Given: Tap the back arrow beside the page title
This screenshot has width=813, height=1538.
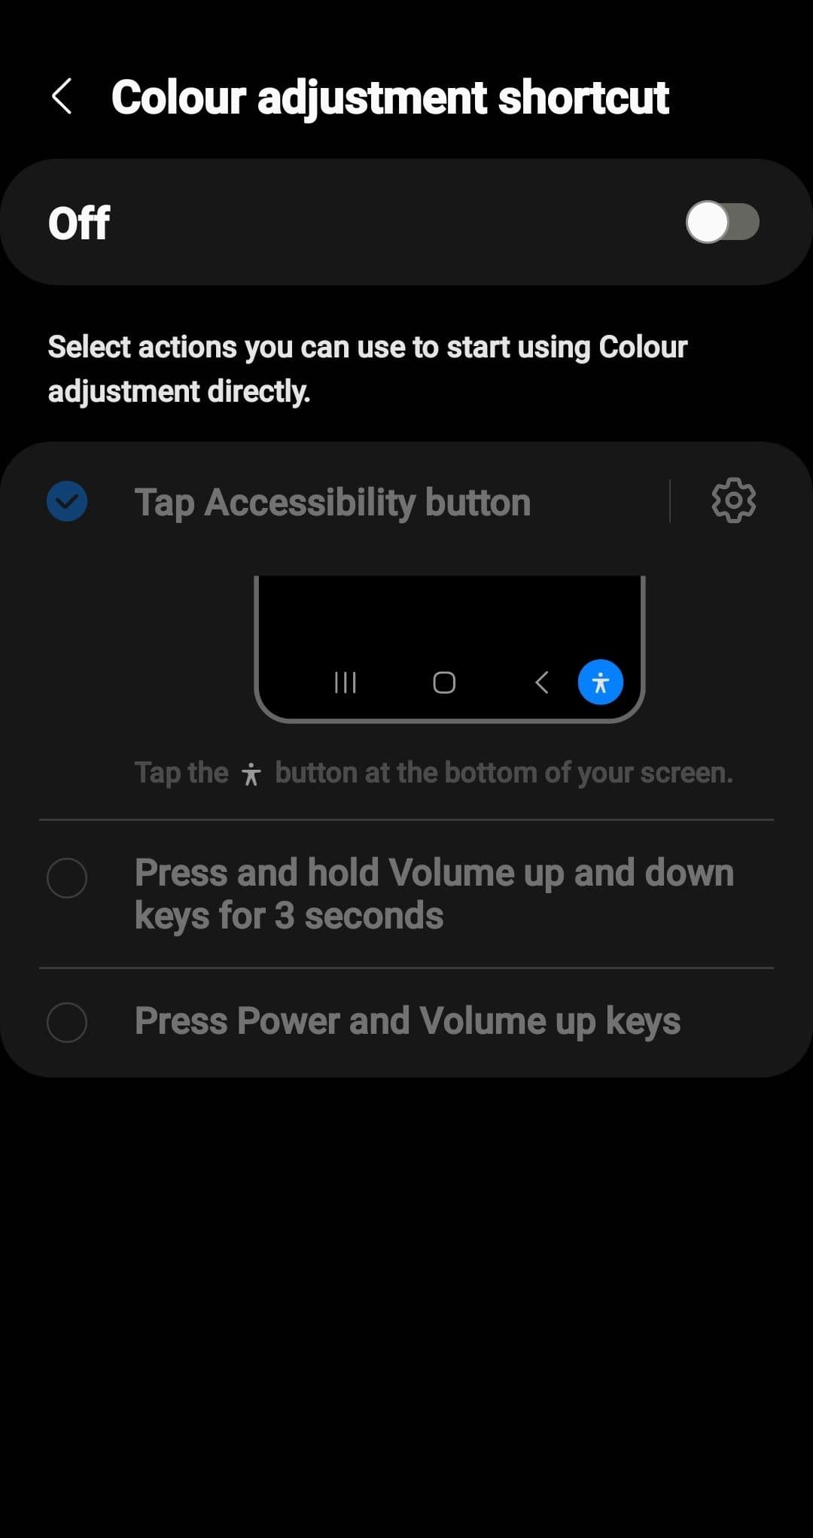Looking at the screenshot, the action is (62, 96).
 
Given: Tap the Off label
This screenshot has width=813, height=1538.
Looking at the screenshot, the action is (79, 223).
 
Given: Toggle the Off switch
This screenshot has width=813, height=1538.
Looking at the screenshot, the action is (722, 222).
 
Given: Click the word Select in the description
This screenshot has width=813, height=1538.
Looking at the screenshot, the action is (90, 347).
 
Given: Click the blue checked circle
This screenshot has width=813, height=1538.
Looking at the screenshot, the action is (67, 501).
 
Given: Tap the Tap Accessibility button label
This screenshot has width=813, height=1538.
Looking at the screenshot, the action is (333, 502).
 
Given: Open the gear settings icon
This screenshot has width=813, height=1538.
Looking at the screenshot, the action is (734, 500).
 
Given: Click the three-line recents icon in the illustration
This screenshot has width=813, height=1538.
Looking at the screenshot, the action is (345, 682).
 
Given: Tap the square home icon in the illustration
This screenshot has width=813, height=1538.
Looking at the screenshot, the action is (444, 682).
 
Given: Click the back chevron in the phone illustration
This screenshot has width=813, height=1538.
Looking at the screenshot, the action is (541, 682).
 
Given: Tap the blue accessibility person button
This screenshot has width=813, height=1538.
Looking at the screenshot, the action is (600, 682).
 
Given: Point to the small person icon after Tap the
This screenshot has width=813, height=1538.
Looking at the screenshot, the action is (251, 774).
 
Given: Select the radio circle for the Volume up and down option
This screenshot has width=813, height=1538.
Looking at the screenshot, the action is (67, 877).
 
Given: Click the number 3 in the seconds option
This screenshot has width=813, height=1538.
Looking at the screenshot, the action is (284, 916).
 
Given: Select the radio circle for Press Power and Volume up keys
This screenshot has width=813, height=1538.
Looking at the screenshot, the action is (67, 1022).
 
